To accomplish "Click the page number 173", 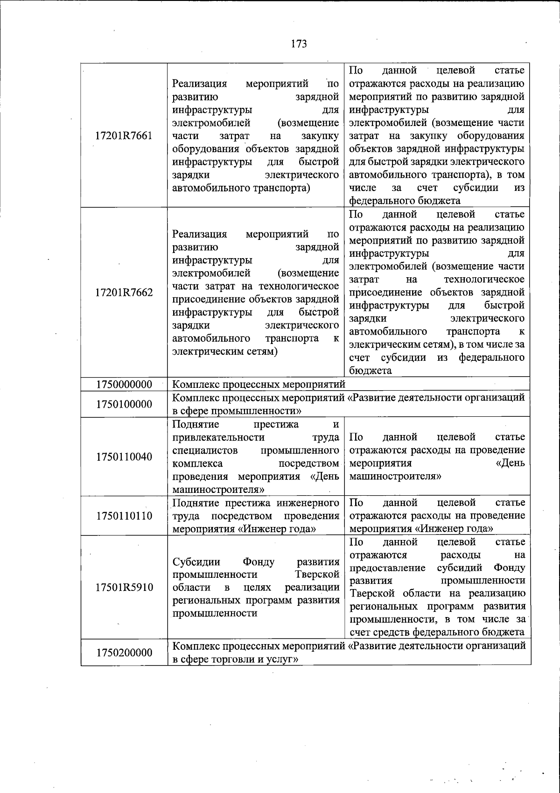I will pos(299,44).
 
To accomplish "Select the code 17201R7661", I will pos(124,136).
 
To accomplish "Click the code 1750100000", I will pos(124,404).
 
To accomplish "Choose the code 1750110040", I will pos(124,456).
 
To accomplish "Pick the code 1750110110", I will pos(124,516).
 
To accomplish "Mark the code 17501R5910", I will pos(124,587).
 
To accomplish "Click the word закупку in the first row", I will pos(320,136).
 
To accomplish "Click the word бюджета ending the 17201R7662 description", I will pos(370,371).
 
